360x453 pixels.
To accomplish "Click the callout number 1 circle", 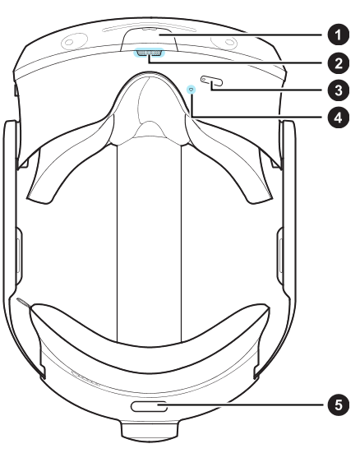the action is [339, 35].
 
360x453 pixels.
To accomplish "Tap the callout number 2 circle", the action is [339, 63].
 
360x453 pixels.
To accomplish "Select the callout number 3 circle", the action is [339, 90].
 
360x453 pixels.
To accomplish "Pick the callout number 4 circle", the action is [339, 118].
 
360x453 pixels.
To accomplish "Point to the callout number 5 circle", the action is [339, 404].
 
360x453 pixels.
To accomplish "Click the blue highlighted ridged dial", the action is [149, 53].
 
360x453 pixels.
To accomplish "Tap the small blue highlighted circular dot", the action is [192, 90].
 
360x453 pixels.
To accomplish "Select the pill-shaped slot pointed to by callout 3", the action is [212, 81].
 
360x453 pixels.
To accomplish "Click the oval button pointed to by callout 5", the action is [149, 406].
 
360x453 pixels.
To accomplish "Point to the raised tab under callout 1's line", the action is [150, 39].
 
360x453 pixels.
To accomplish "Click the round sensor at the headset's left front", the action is [74, 41].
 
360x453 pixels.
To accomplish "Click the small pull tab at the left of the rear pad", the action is [23, 303].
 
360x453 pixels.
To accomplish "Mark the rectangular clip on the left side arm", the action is [17, 255].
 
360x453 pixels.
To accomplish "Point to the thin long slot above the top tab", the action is [150, 29].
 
